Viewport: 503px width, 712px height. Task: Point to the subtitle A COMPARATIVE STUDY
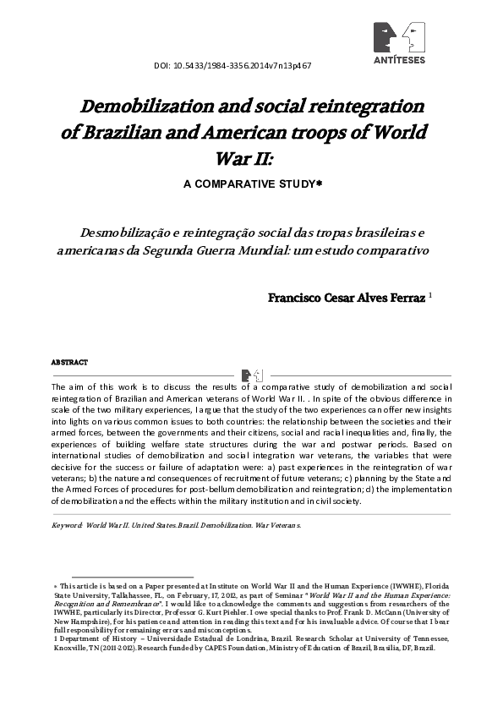tap(251, 182)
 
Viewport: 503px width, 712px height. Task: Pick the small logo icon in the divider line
tap(251, 375)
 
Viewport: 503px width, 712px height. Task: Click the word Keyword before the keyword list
tap(66, 525)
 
